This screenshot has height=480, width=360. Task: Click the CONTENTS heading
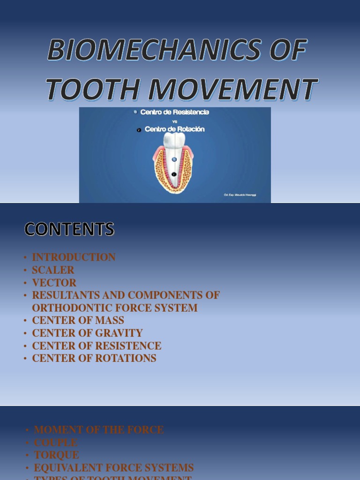(69, 229)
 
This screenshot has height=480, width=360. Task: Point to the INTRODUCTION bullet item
(74, 257)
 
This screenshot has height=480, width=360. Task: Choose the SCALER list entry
(53, 270)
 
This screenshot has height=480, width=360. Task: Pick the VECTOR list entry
(54, 283)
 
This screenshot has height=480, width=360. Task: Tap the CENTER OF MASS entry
(78, 321)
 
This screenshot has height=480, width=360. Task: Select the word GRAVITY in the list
(119, 333)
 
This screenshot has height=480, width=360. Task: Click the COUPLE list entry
(56, 442)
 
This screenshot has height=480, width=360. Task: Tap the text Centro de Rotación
(174, 129)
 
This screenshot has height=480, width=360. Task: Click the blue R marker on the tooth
(174, 159)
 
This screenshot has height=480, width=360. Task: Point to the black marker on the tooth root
(174, 174)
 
